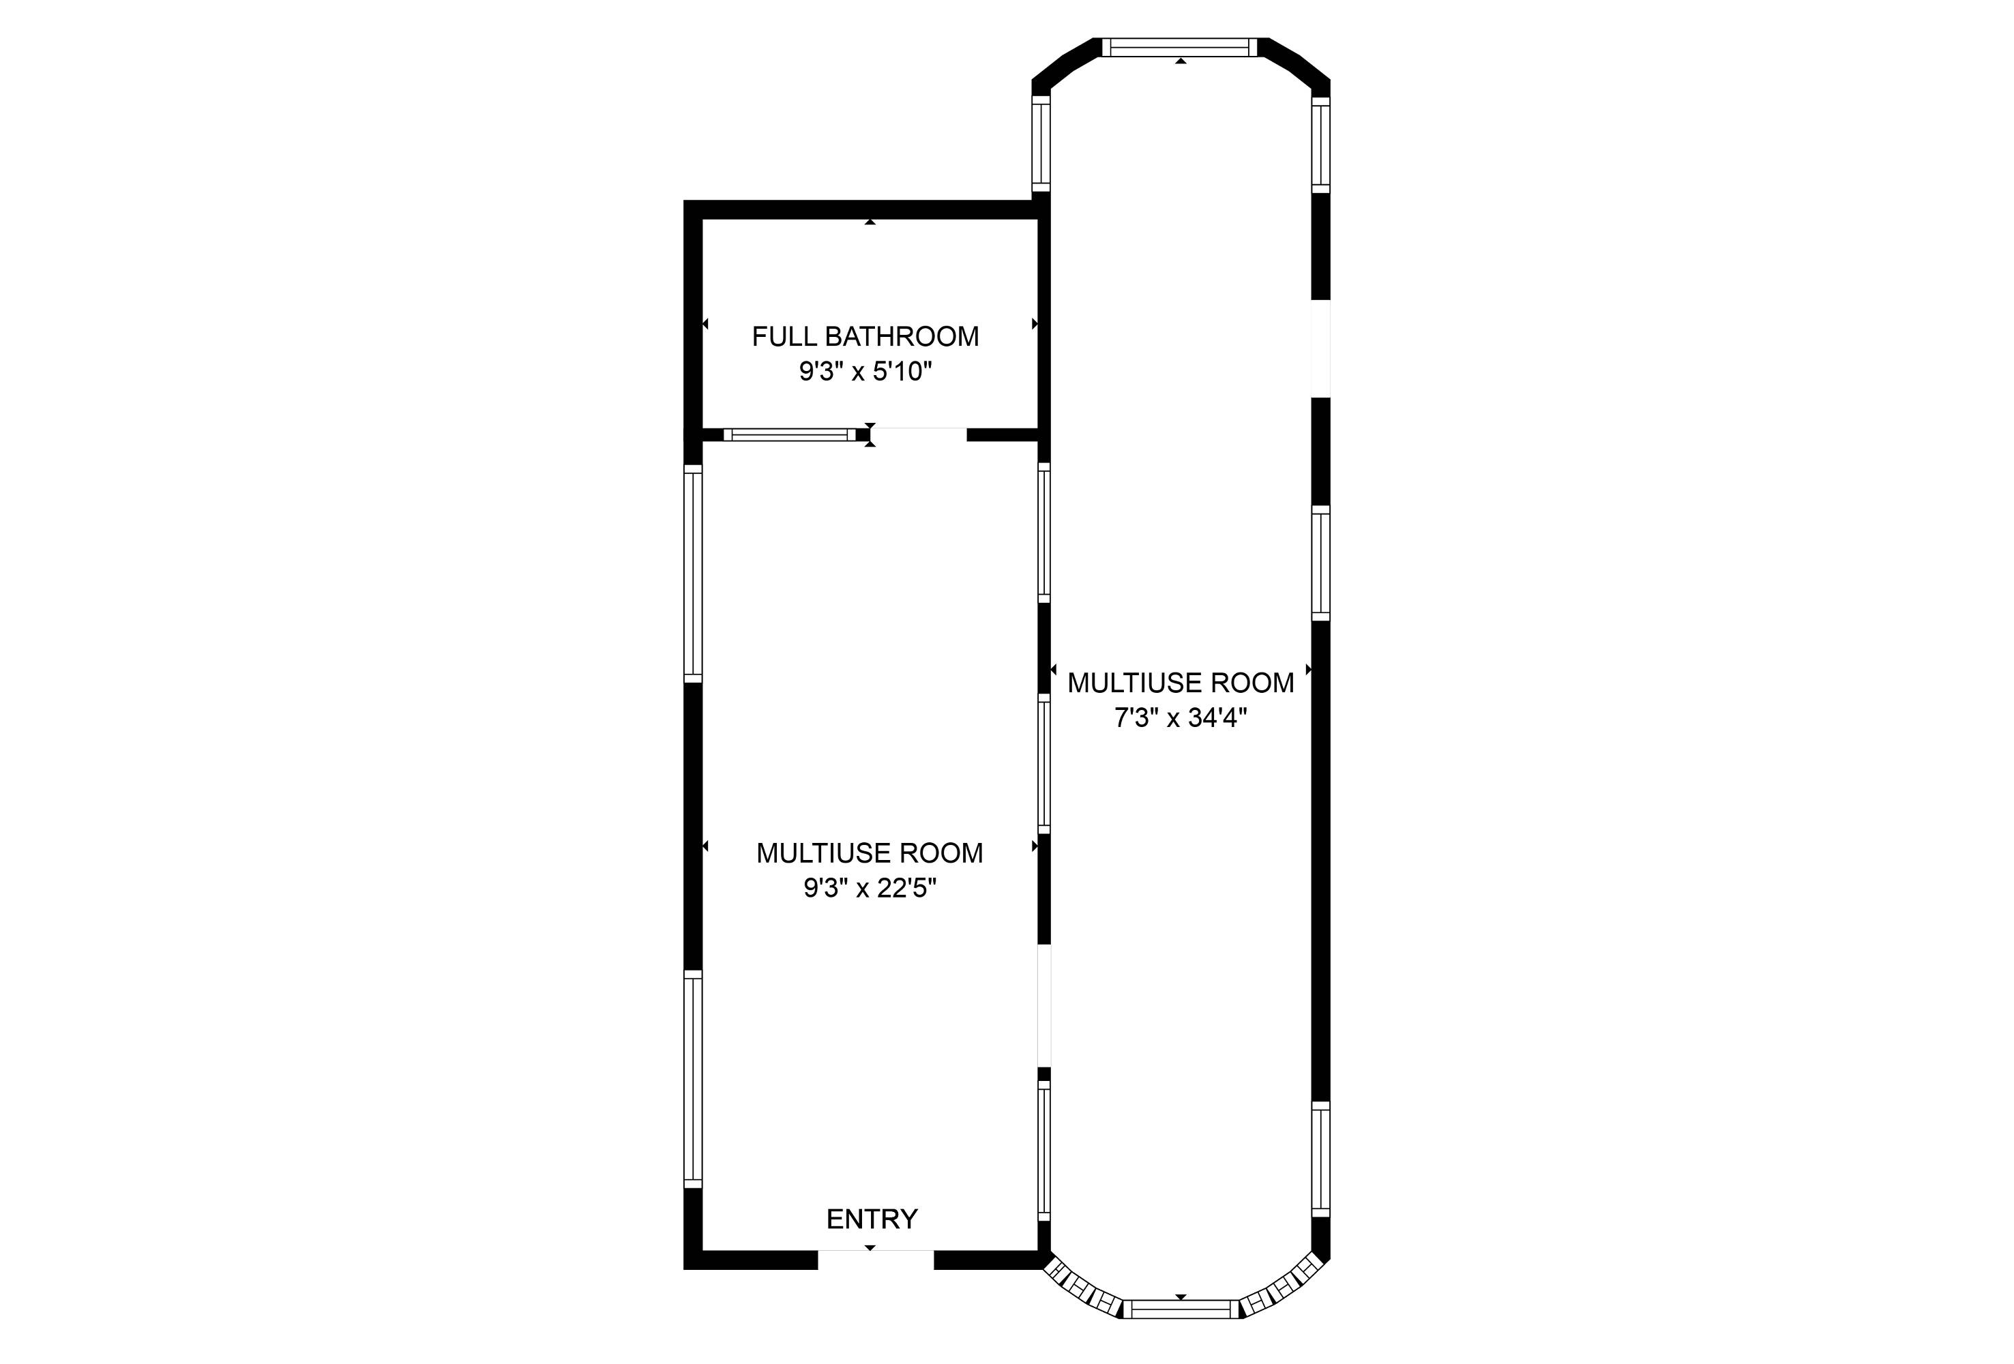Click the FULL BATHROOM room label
pyautogui.click(x=865, y=336)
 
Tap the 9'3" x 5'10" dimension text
pyautogui.click(x=865, y=372)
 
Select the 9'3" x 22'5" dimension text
pyautogui.click(x=870, y=888)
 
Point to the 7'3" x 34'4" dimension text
pyautogui.click(x=1181, y=718)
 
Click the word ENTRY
pyautogui.click(x=872, y=1219)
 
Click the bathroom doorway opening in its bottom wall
pyautogui.click(x=919, y=434)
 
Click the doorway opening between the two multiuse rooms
pyautogui.click(x=1044, y=1005)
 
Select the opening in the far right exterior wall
pyautogui.click(x=1320, y=349)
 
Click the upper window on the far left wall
pyautogui.click(x=692, y=573)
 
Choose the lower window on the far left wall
pyautogui.click(x=692, y=1079)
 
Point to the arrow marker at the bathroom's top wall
pyautogui.click(x=870, y=223)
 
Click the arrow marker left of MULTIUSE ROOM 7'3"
pyautogui.click(x=1053, y=670)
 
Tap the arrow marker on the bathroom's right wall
pyautogui.click(x=1035, y=324)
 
